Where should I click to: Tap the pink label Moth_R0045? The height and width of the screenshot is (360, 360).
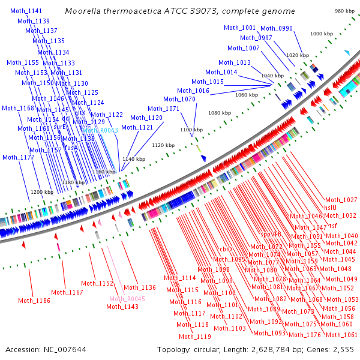pyautogui.click(x=127, y=299)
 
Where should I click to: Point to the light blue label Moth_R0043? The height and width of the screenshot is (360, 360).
pyautogui.click(x=100, y=130)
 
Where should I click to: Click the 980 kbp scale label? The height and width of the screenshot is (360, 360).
pyautogui.click(x=344, y=11)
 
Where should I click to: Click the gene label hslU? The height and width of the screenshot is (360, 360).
pyautogui.click(x=331, y=208)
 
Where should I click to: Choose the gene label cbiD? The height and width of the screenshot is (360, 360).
pyautogui.click(x=226, y=249)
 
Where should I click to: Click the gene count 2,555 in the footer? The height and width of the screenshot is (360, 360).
pyautogui.click(x=342, y=349)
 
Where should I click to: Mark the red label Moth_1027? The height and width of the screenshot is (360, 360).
pyautogui.click(x=341, y=200)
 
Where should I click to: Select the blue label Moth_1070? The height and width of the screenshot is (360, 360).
pyautogui.click(x=179, y=99)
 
